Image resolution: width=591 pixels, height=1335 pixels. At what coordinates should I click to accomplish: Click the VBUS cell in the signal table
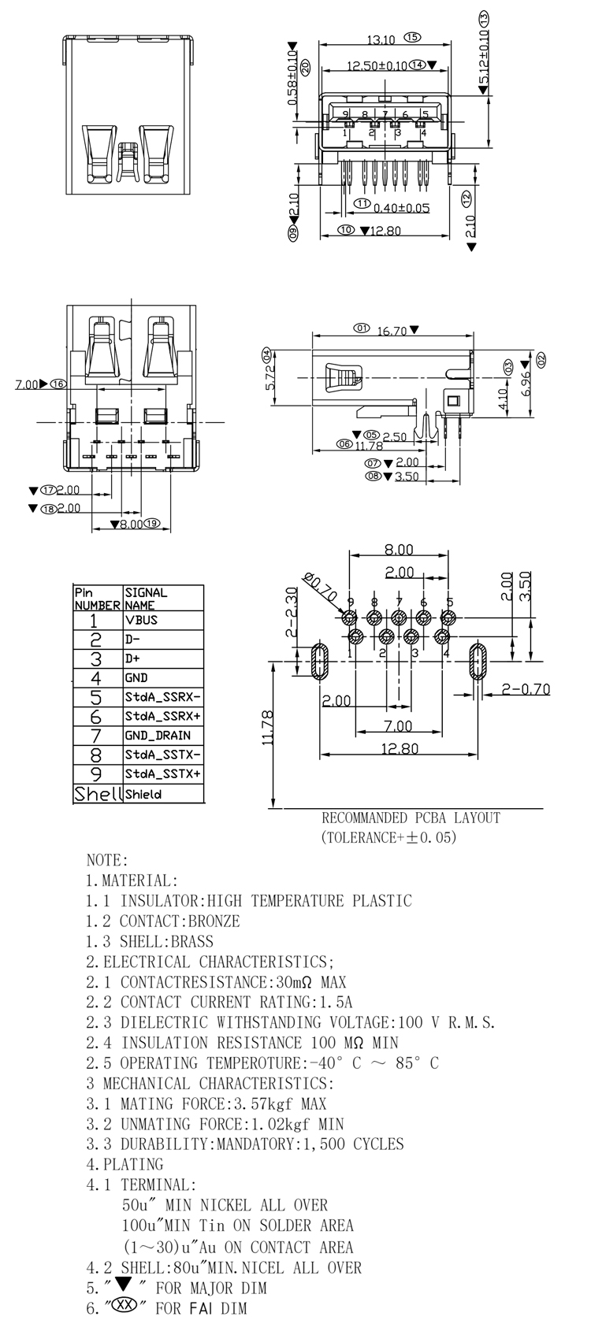pyautogui.click(x=142, y=620)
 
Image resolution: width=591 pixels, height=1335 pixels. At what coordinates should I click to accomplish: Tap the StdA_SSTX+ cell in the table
pyautogui.click(x=162, y=774)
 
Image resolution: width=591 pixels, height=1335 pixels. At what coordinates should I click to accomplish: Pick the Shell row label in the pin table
pyautogui.click(x=98, y=794)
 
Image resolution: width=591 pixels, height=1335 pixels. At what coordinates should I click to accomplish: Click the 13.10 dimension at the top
pyautogui.click(x=381, y=39)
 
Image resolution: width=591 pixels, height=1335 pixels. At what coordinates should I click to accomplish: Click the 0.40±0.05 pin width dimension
pyautogui.click(x=401, y=208)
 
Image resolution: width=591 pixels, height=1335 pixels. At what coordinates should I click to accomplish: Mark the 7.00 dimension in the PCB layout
pyautogui.click(x=398, y=725)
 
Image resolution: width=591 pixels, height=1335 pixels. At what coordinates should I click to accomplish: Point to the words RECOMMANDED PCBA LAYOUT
pyautogui.click(x=411, y=818)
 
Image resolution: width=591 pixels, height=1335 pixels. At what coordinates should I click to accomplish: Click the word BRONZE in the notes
pyautogui.click(x=213, y=921)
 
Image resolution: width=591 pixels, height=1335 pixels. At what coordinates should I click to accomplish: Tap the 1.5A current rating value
pyautogui.click(x=334, y=1002)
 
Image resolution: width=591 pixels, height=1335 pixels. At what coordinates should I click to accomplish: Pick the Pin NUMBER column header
pyautogui.click(x=97, y=599)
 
